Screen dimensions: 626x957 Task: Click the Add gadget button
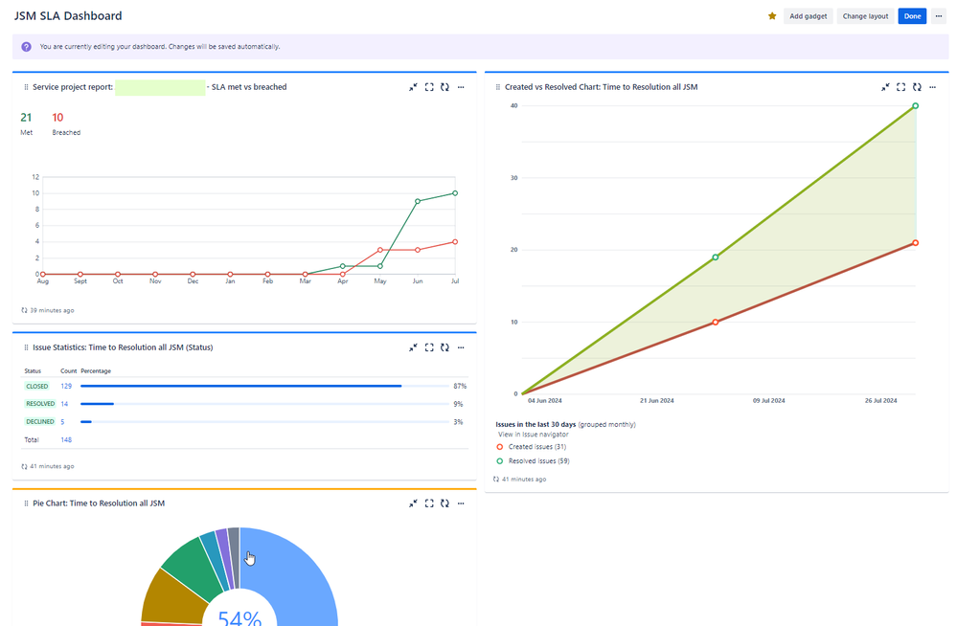tap(808, 16)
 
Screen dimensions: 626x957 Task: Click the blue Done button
tap(912, 16)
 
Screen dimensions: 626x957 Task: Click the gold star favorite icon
tap(772, 16)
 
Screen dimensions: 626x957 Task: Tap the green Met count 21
tap(27, 117)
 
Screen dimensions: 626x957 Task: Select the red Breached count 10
tap(58, 117)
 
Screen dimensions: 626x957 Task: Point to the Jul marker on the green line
tap(455, 193)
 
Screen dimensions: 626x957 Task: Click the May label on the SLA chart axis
tap(380, 282)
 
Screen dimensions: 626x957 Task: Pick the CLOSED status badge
tap(38, 386)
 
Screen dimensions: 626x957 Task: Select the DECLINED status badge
tap(39, 422)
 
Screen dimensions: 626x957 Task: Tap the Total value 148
tap(66, 440)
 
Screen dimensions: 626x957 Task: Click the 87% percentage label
tap(458, 386)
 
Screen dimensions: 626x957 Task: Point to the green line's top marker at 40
tap(916, 106)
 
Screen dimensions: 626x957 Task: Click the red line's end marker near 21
tap(916, 243)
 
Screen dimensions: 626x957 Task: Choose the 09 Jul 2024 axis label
tap(768, 400)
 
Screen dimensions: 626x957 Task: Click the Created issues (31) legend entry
tap(535, 447)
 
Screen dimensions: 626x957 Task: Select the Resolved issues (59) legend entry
tap(537, 461)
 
